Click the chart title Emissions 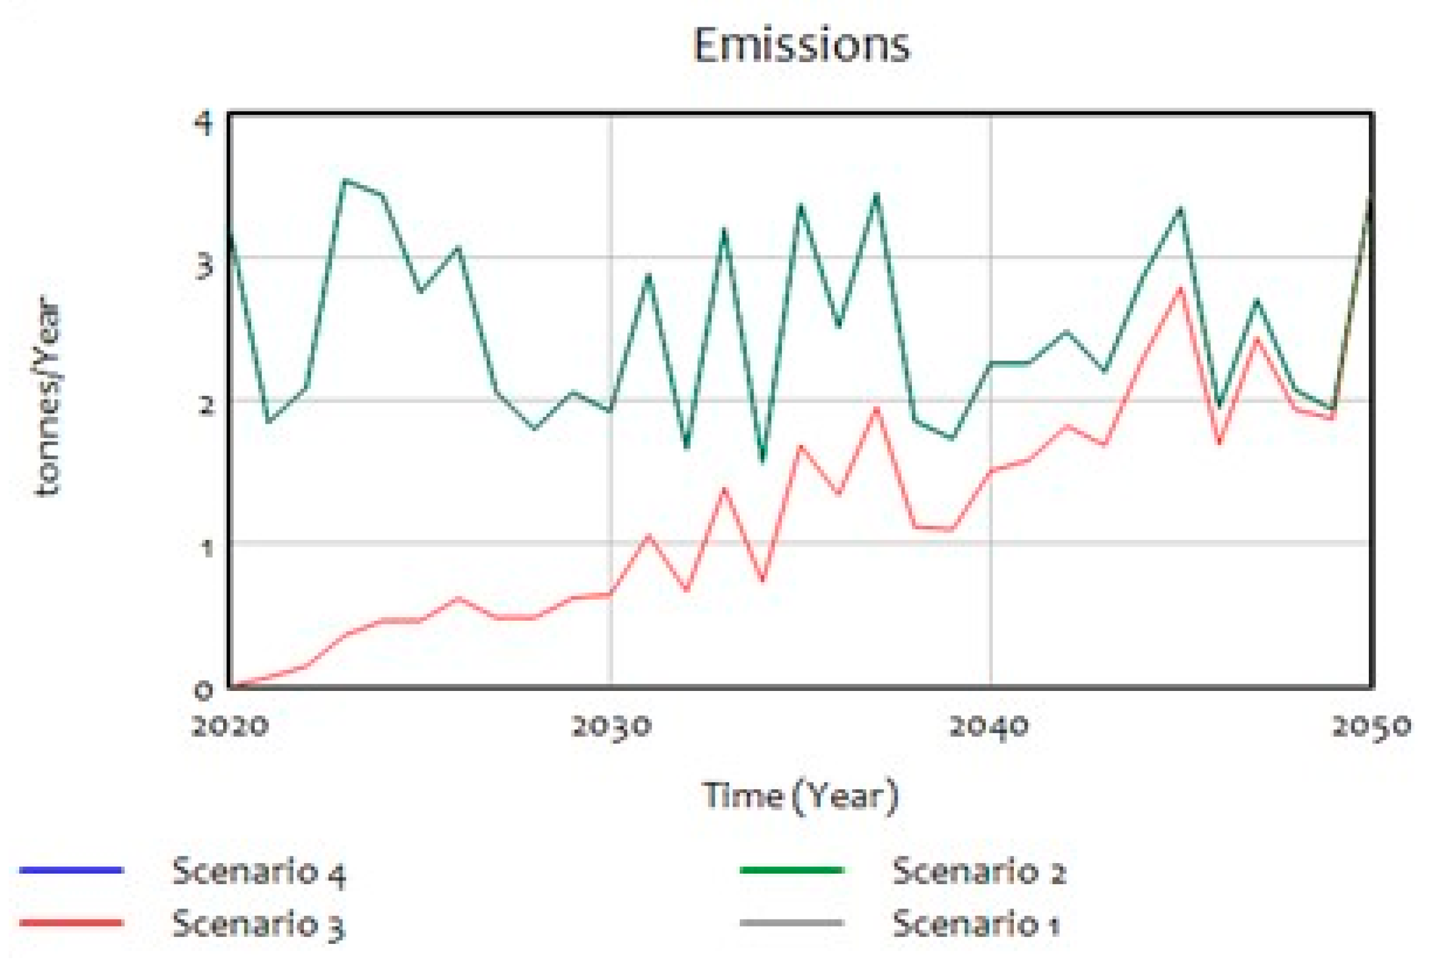click(x=801, y=45)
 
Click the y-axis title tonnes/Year click(x=48, y=396)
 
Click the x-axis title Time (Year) click(x=800, y=796)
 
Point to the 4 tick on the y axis click(x=203, y=123)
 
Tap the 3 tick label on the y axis click(x=203, y=266)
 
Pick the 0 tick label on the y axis click(x=203, y=690)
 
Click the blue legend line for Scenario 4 click(x=71, y=870)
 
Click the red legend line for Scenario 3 click(x=71, y=923)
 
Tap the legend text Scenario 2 click(x=978, y=871)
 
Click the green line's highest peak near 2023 click(x=345, y=180)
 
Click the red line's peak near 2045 click(x=1179, y=288)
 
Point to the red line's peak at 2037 click(x=877, y=409)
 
